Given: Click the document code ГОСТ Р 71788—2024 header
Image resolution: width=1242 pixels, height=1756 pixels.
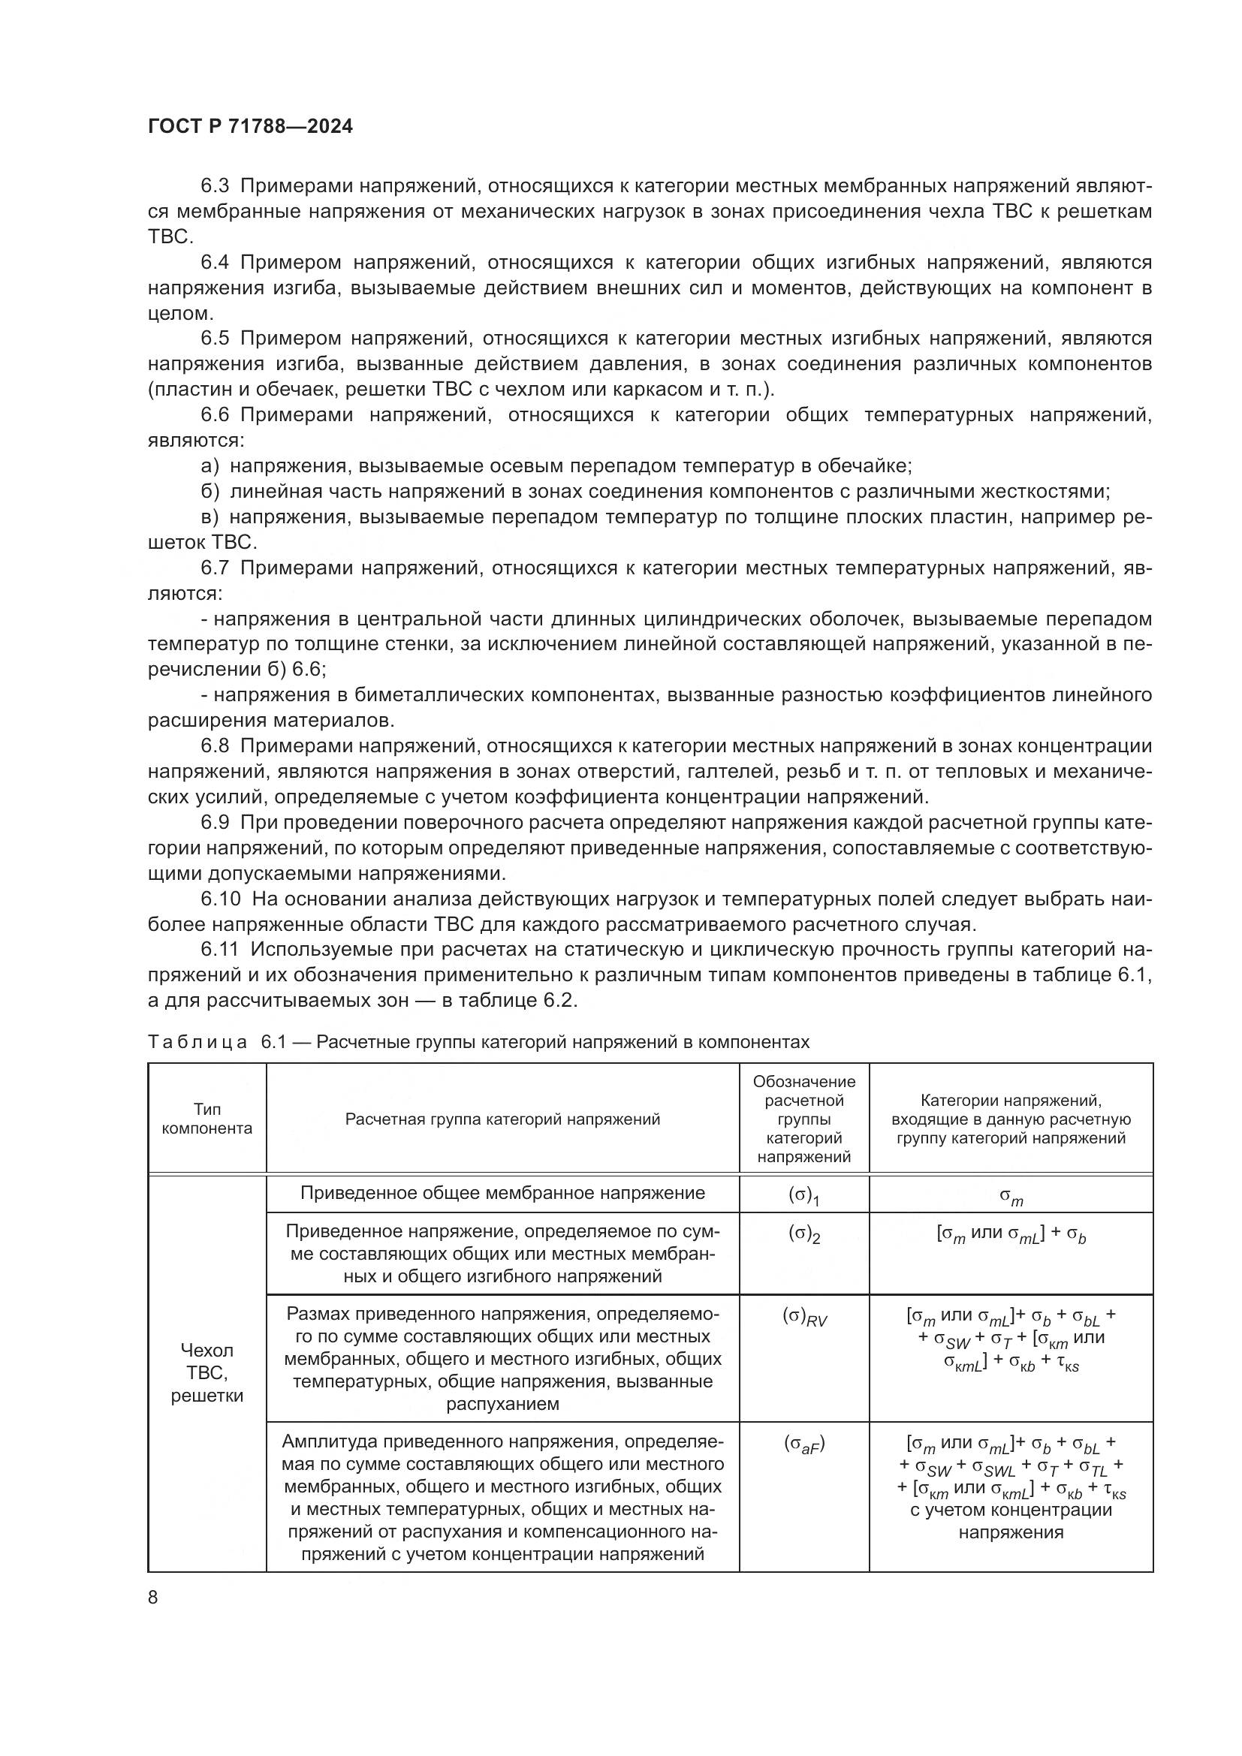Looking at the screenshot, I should pyautogui.click(x=250, y=127).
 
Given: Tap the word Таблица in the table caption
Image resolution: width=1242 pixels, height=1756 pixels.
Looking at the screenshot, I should pyautogui.click(x=197, y=1042).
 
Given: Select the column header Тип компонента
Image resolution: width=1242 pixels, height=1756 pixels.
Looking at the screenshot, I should pyautogui.click(x=206, y=1119).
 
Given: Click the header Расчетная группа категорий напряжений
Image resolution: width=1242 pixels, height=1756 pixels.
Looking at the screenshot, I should pyautogui.click(x=502, y=1119).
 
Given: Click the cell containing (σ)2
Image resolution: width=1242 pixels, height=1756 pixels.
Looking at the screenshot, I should pyautogui.click(x=803, y=1235).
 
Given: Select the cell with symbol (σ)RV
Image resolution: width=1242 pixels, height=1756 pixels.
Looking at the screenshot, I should pyautogui.click(x=803, y=1316).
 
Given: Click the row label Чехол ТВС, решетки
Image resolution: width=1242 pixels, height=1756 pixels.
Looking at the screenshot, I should pyautogui.click(x=206, y=1372).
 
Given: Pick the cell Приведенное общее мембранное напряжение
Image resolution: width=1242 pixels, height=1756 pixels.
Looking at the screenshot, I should pyautogui.click(x=502, y=1193).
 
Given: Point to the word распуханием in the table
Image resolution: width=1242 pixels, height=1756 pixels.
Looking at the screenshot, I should pyautogui.click(x=502, y=1403).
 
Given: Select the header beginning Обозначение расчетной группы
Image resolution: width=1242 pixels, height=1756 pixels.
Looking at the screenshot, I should pyautogui.click(x=803, y=1119).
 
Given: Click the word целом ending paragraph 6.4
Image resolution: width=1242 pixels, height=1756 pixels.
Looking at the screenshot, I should pyautogui.click(x=178, y=314).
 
